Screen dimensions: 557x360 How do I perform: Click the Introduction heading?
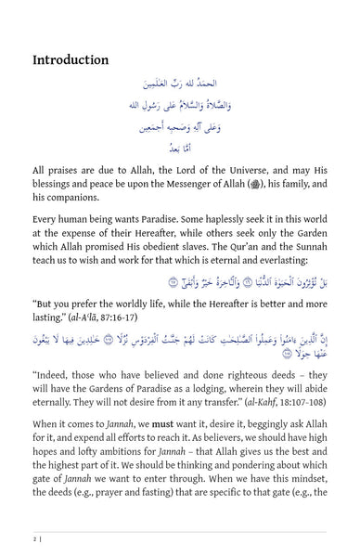coord(71,60)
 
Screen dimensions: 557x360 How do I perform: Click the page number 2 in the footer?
coord(34,538)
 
